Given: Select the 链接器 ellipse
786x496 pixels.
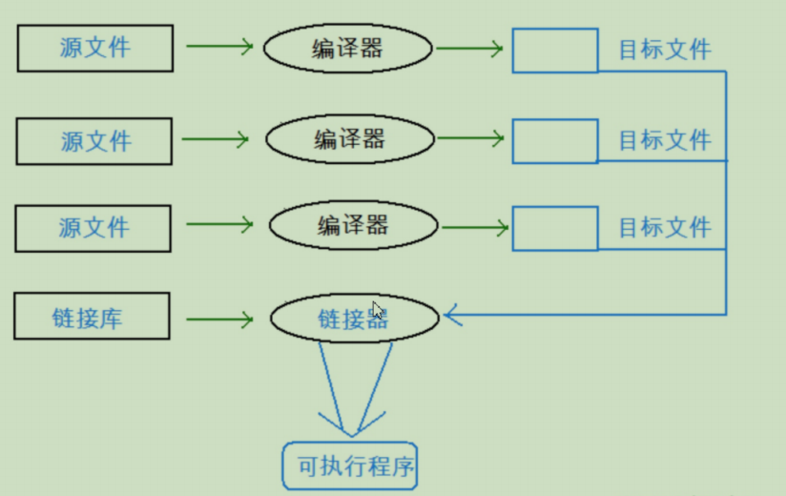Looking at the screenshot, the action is pos(355,294).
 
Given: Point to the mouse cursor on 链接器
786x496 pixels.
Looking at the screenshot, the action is pos(379,310).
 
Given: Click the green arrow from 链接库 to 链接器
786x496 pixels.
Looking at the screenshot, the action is pos(219,320).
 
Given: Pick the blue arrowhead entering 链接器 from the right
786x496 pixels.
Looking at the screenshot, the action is pos(453,315).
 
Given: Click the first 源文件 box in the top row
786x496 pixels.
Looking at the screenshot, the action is pos(95,26).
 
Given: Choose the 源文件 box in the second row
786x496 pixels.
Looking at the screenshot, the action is pos(94,118).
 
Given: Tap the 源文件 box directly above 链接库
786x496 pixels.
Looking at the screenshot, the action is pos(93,206).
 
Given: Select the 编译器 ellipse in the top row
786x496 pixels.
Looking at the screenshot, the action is pos(348,24).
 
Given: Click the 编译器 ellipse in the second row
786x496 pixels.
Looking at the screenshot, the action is pos(350,115).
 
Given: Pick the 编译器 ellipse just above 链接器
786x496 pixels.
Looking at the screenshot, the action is pos(353,201).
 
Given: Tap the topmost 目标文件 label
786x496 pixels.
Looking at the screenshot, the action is pos(665,50).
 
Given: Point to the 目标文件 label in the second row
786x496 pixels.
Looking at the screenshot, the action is pos(665,140).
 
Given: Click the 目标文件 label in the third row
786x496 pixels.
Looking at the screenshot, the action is pos(665,227).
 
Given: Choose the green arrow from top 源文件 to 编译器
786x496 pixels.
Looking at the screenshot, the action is pos(219,46).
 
